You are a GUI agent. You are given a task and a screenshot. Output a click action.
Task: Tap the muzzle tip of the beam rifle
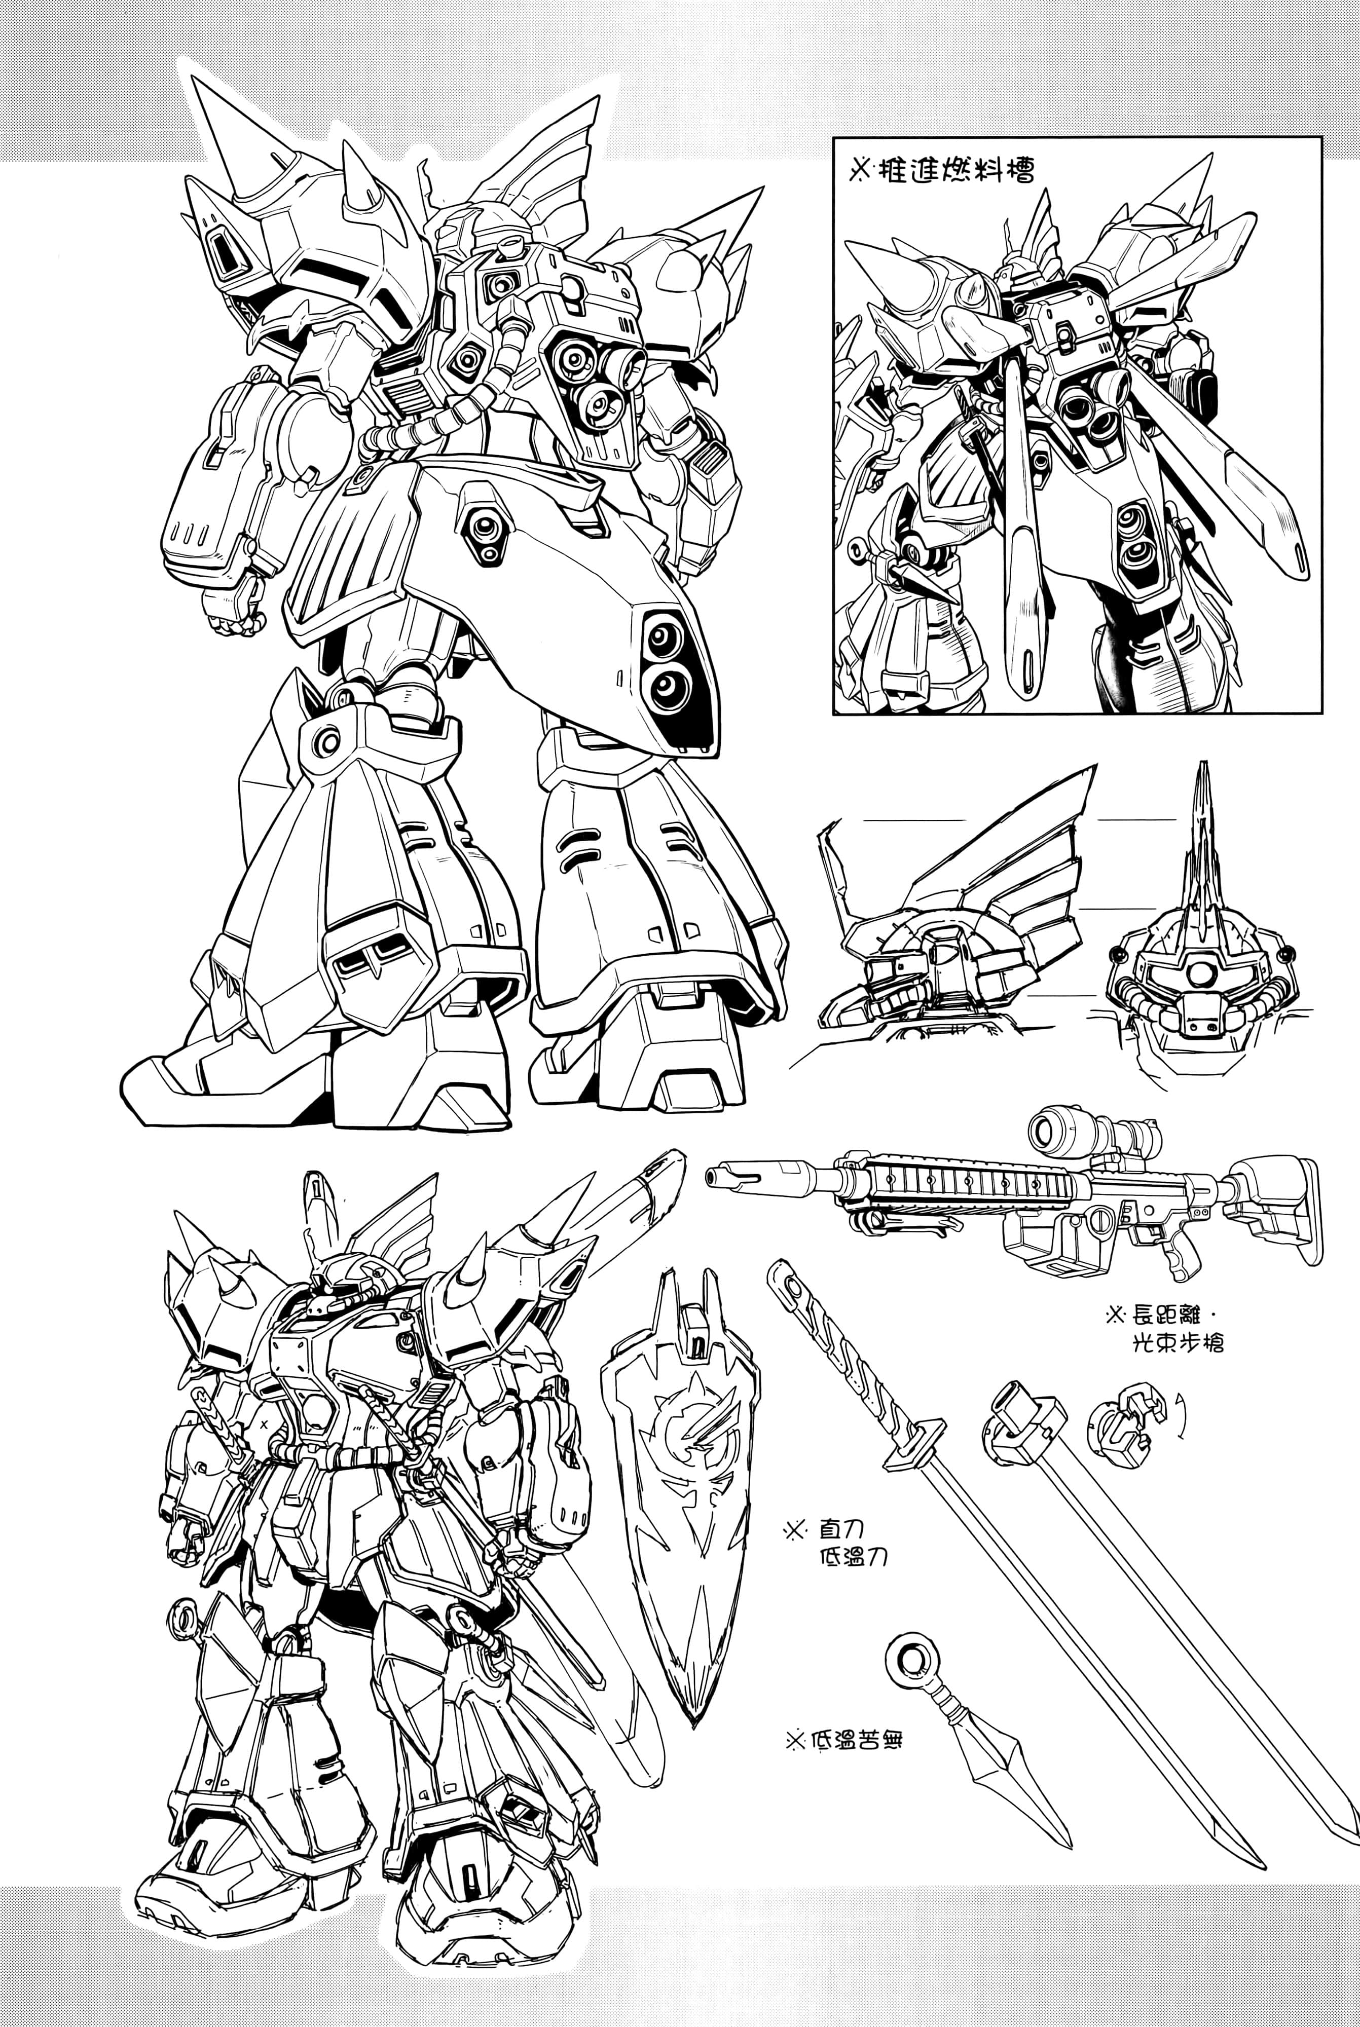coord(711,1177)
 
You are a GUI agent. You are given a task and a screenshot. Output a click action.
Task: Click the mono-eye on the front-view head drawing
coord(1200,973)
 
